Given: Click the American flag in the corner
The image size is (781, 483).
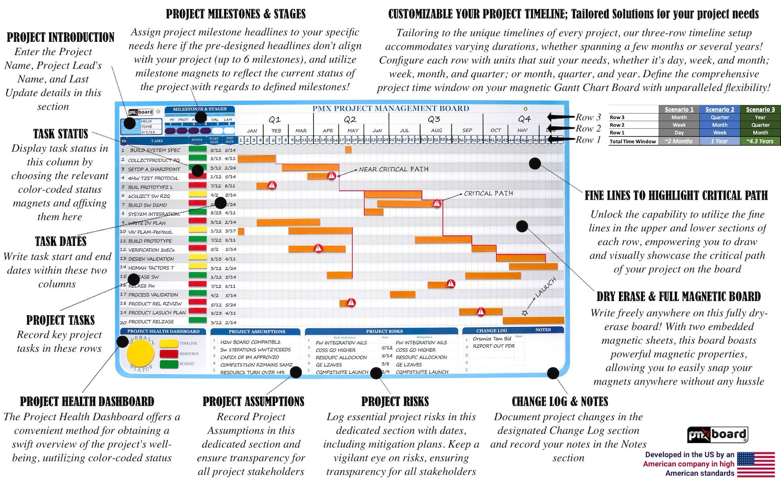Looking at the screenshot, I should (755, 464).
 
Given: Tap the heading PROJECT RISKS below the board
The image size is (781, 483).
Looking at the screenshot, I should (395, 402).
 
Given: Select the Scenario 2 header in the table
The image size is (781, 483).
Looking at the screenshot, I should (720, 110).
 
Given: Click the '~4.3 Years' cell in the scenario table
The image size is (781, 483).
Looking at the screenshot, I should (760, 141).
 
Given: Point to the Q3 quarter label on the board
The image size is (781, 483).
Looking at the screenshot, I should (434, 120).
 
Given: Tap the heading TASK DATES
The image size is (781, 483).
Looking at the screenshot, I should (60, 241).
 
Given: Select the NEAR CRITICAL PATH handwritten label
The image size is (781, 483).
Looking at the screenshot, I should (393, 169).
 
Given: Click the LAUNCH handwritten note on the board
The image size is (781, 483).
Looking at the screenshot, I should (545, 287).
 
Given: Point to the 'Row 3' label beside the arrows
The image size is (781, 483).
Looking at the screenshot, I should (588, 118).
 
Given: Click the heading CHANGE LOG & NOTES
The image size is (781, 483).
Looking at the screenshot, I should (560, 402).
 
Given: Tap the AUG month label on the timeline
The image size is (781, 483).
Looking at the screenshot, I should (436, 131).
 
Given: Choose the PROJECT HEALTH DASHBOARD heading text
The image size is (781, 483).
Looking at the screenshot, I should (87, 402).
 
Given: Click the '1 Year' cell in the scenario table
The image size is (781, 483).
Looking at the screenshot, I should (720, 141).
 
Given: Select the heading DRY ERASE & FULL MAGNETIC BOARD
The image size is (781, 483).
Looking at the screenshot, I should (678, 297).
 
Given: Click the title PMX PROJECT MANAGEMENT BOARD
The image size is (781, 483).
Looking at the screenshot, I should (390, 109).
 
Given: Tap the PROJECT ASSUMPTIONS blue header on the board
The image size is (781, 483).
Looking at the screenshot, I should (257, 332).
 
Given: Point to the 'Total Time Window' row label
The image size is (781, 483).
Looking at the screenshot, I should (632, 141).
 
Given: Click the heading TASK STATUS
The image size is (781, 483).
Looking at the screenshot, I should (60, 134).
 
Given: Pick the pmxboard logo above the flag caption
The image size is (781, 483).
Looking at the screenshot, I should (717, 435).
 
